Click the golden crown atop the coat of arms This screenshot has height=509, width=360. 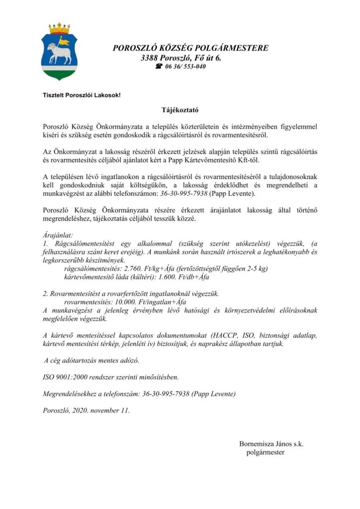click(59, 28)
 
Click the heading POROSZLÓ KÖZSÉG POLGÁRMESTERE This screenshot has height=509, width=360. click(190, 48)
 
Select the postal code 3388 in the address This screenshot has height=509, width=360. click(150, 58)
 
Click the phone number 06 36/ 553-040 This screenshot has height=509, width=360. click(186, 66)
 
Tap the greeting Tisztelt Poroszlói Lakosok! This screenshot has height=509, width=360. click(82, 95)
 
